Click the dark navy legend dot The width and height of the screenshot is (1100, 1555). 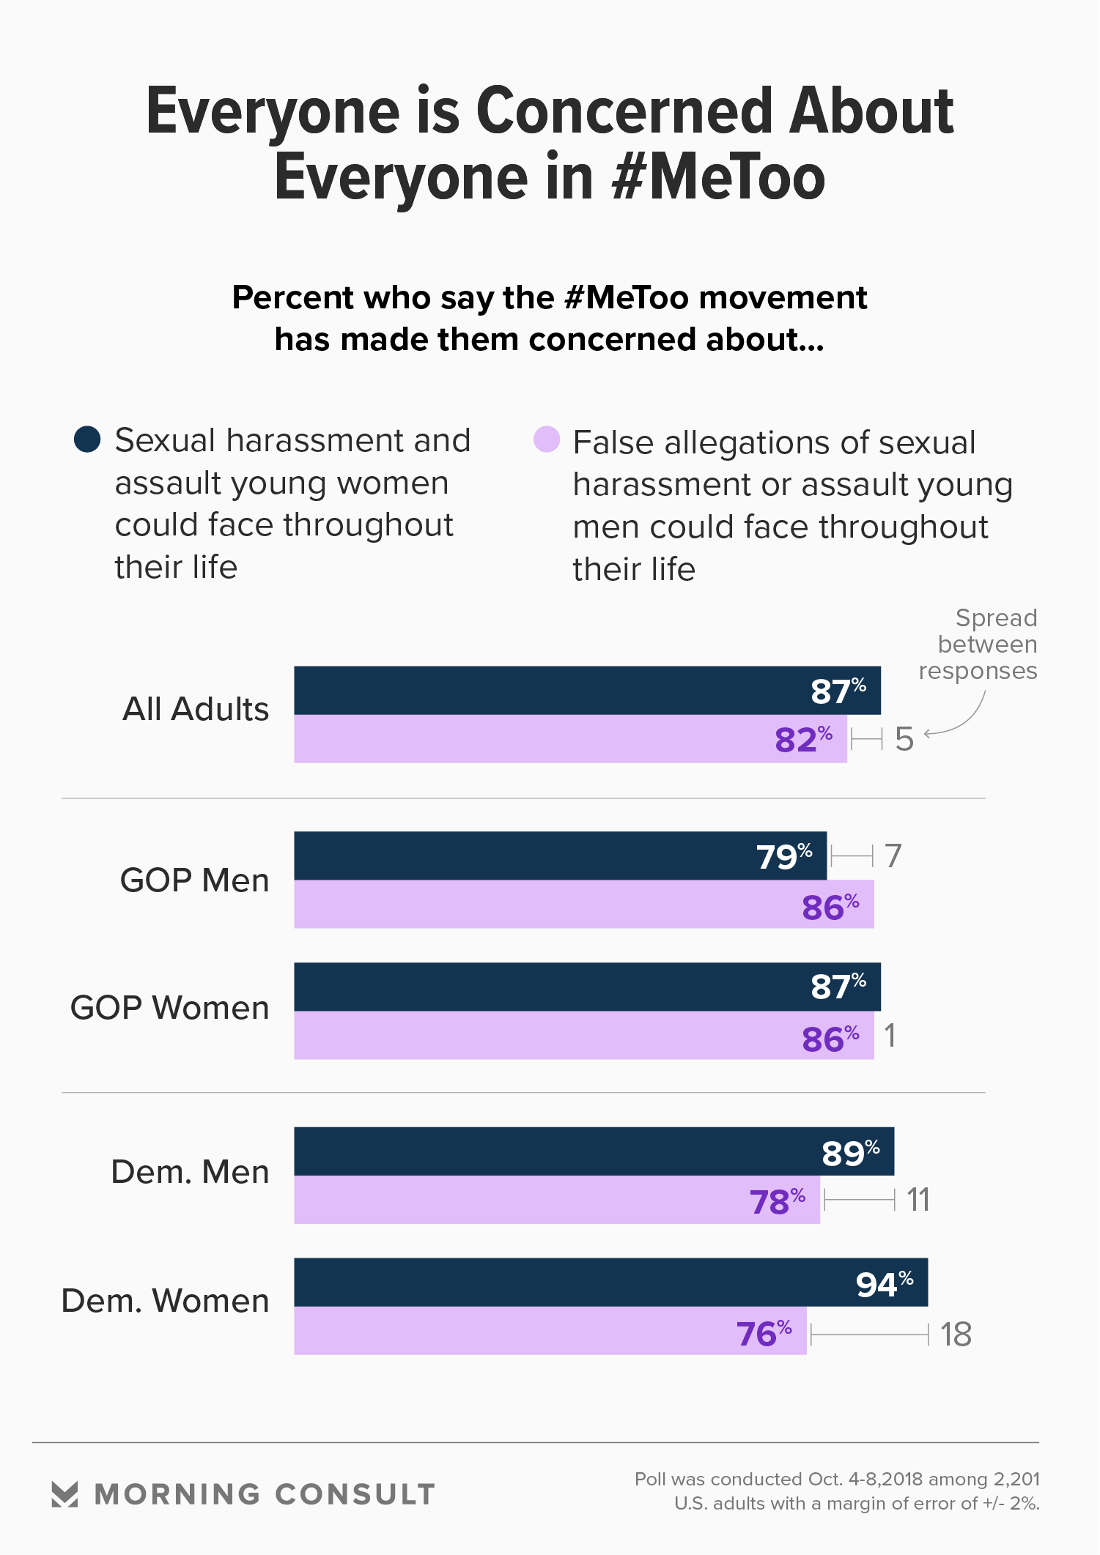87,439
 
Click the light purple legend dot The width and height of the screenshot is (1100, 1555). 547,439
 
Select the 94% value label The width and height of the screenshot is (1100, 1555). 884,1284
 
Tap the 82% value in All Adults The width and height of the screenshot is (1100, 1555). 803,740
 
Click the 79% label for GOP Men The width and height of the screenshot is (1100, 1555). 783,856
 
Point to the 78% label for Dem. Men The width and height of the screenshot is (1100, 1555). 777,1201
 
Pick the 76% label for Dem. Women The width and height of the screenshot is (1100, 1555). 764,1333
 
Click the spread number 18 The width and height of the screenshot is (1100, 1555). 956,1335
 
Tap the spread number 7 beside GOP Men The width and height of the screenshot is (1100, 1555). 893,856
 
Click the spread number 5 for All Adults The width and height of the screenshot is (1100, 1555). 904,739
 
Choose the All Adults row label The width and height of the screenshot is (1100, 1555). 196,709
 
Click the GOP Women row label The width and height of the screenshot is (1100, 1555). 170,1008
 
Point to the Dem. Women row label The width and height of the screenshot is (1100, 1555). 166,1301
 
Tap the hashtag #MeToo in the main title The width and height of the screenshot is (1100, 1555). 718,178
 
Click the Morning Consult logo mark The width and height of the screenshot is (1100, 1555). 64,1494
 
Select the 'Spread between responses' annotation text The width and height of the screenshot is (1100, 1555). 978,645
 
